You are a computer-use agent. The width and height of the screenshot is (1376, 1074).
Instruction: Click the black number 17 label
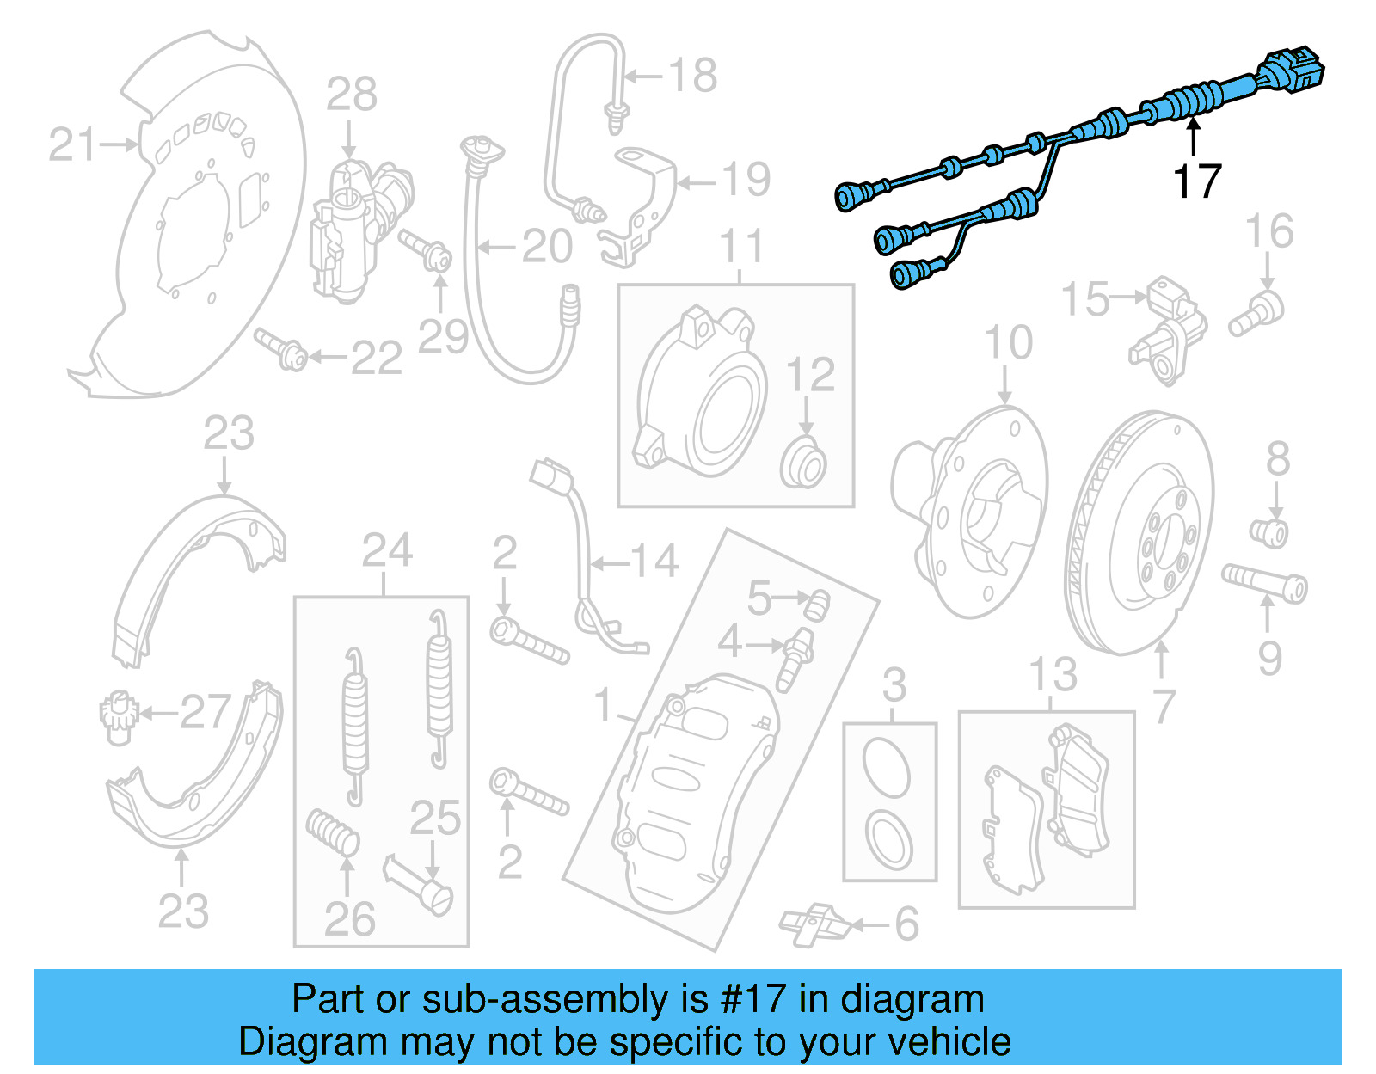[1197, 181]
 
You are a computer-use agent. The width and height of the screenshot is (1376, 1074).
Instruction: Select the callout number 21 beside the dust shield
[72, 144]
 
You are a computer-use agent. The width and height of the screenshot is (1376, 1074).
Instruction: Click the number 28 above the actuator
[352, 95]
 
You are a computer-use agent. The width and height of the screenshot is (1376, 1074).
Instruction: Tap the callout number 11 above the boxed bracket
[741, 247]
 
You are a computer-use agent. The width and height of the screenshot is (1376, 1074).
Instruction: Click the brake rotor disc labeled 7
[1139, 533]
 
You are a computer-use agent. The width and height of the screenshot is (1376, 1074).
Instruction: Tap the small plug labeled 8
[1269, 531]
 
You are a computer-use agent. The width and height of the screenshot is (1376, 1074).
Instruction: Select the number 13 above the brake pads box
[1053, 675]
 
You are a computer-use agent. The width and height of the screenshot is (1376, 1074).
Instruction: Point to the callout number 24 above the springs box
[387, 550]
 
